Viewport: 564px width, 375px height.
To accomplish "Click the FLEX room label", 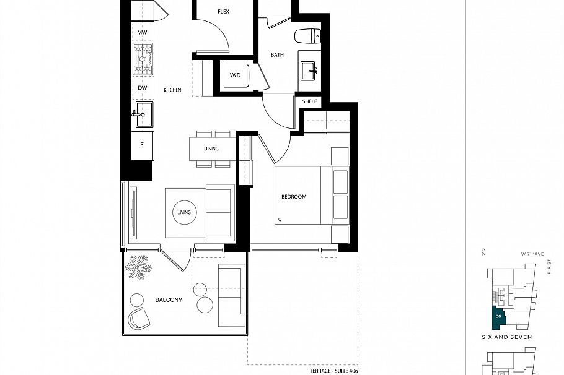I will (224, 12).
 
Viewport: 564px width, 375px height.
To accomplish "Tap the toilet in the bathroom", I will (307, 36).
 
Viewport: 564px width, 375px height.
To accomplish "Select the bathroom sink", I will (308, 71).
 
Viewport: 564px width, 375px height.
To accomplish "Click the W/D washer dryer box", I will (236, 75).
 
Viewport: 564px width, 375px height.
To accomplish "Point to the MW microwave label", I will (142, 32).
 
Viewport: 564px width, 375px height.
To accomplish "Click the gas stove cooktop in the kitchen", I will (143, 60).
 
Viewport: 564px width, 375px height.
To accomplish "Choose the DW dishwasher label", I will (143, 88).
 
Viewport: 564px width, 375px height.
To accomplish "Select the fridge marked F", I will (142, 145).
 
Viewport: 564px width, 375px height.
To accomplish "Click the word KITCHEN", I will (172, 90).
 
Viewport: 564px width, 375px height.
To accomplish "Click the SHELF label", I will (310, 101).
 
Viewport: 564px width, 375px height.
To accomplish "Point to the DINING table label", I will (211, 149).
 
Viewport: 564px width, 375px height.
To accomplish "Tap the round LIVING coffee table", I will (183, 212).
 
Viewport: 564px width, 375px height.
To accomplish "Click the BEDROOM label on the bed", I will (294, 197).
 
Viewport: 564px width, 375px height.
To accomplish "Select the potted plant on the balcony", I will (138, 269).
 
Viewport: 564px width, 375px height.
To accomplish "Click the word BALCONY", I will (169, 300).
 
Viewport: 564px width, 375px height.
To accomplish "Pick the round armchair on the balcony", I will (139, 319).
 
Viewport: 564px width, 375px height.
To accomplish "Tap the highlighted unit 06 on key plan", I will (498, 316).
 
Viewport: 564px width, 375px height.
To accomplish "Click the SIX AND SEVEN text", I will (506, 337).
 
